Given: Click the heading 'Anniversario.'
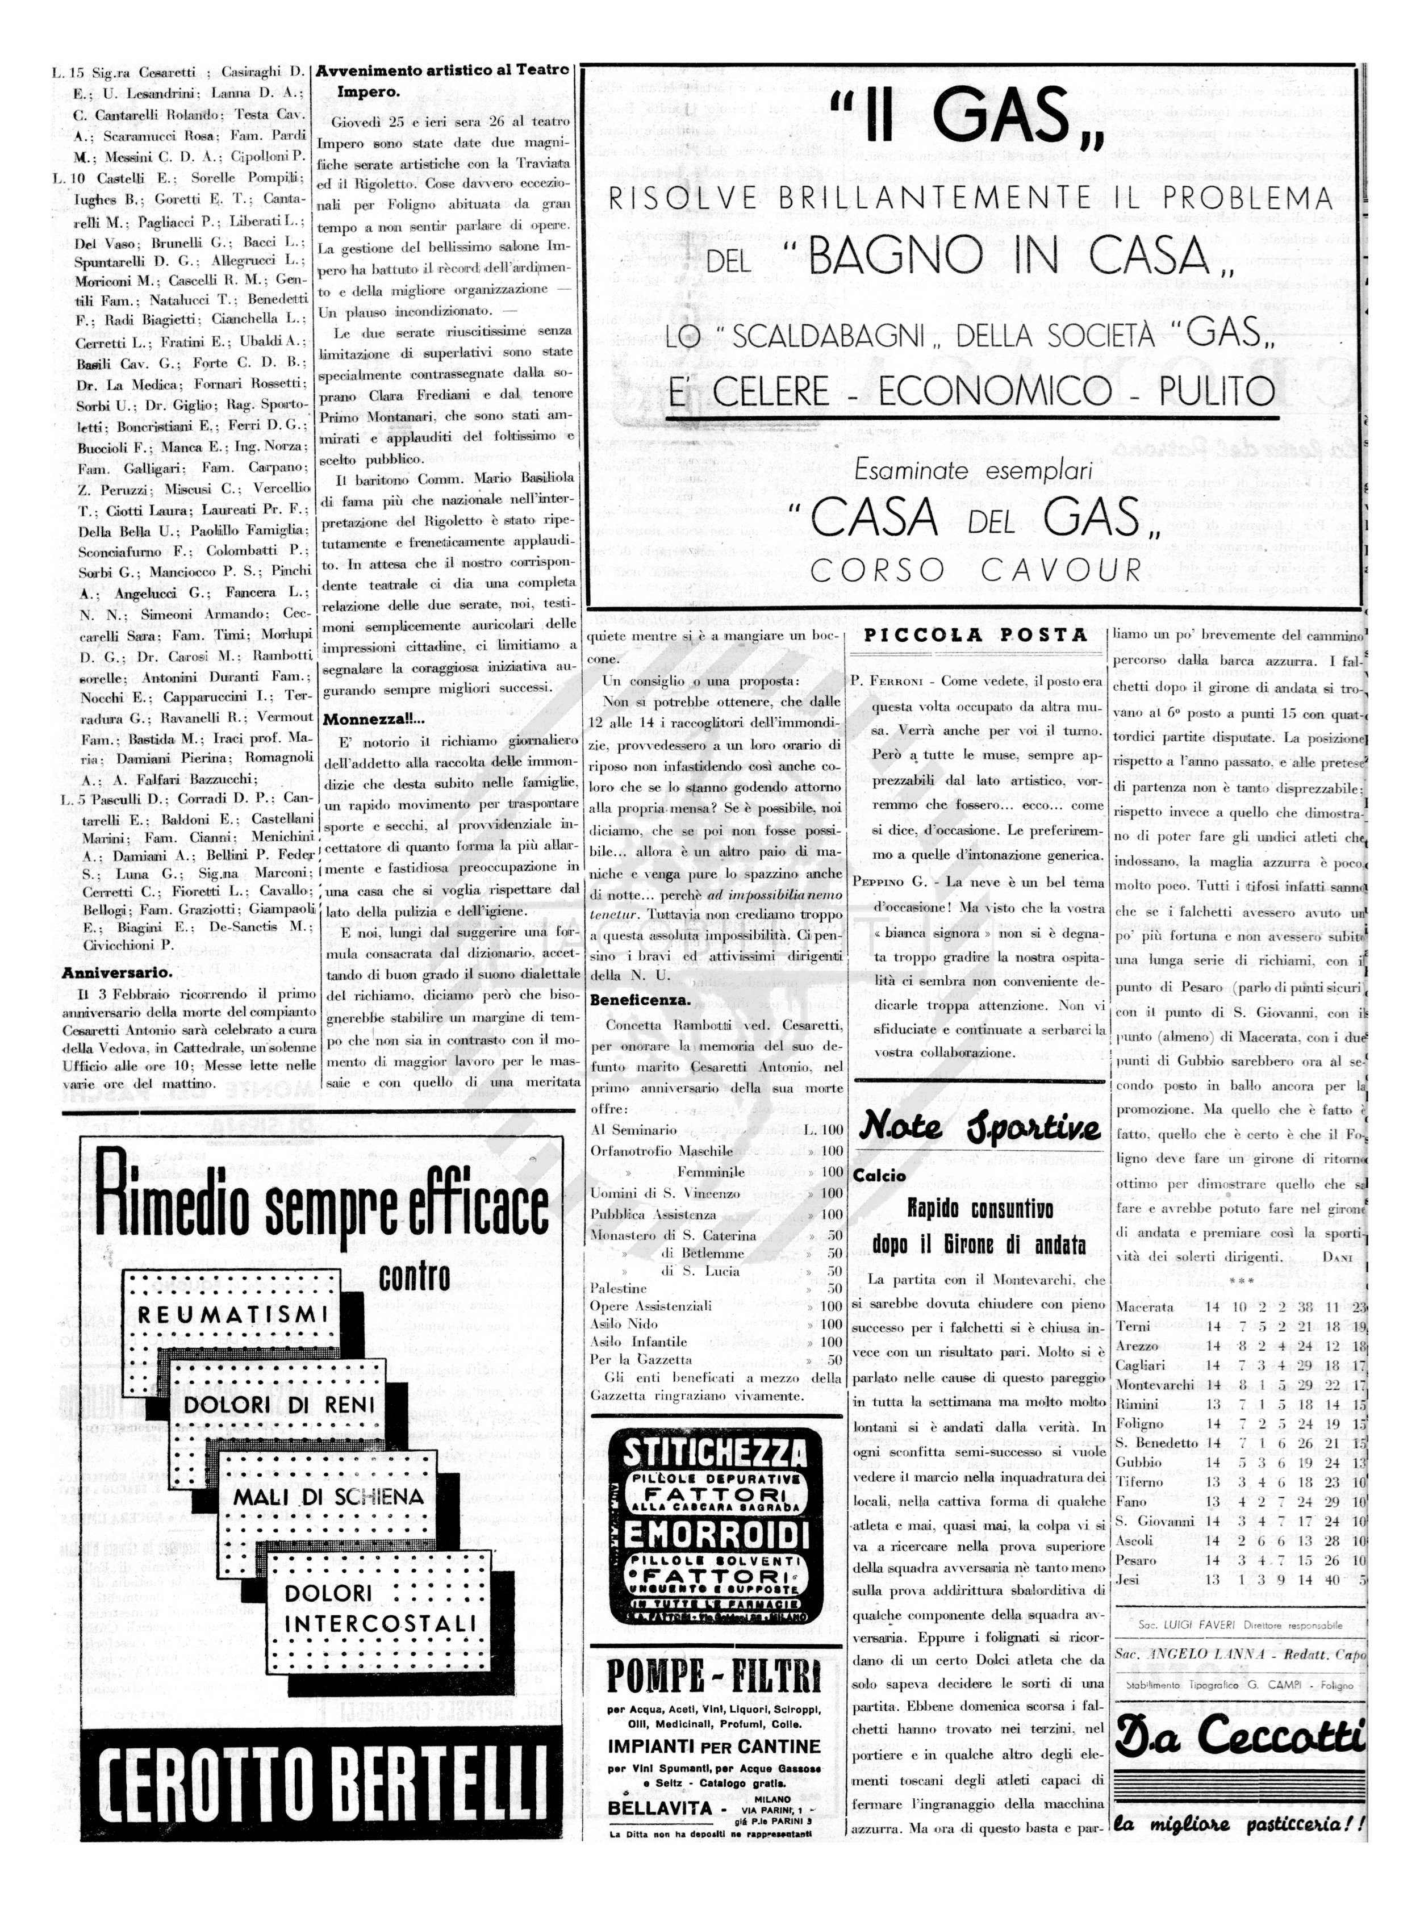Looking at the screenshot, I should (117, 973).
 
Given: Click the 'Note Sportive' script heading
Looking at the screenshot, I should (980, 1127).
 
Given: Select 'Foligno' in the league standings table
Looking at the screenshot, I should (1138, 1423).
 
